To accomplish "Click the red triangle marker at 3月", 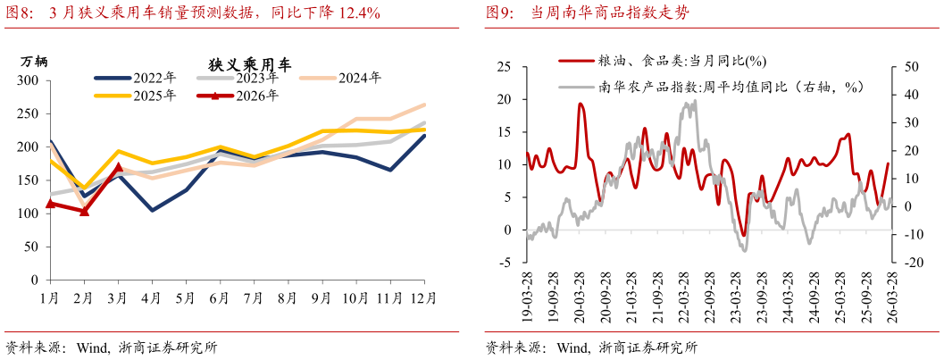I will [x=119, y=167].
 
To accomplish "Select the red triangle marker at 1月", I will [x=51, y=204].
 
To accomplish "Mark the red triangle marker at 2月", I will [x=85, y=212].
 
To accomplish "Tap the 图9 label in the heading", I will [x=498, y=13].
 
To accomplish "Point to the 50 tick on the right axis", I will [x=910, y=67].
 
